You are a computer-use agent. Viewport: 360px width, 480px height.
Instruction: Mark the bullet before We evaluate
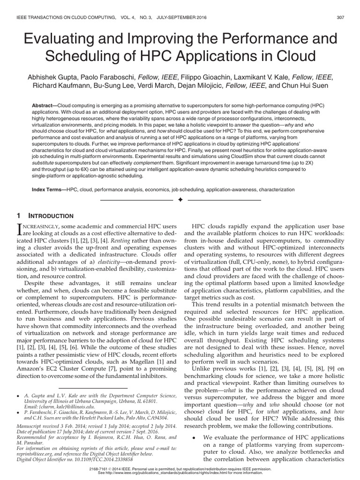pos(194,437)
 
